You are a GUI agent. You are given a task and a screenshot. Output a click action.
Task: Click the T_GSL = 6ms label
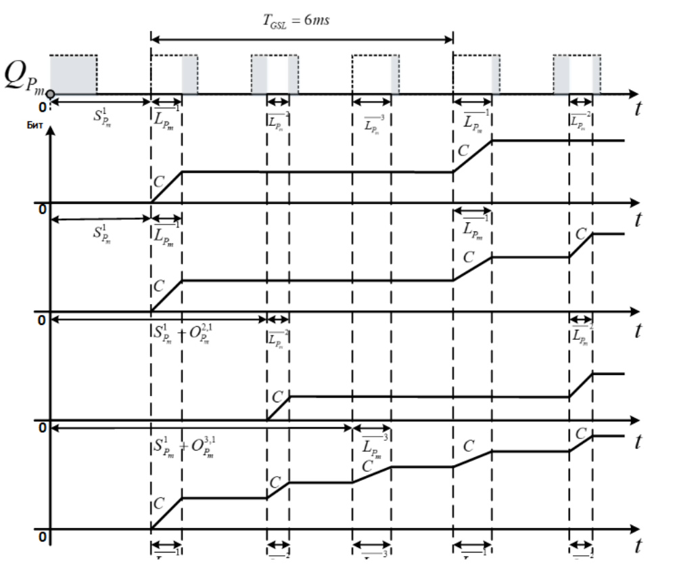297,22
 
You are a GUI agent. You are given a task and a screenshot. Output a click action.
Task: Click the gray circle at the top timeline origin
51,93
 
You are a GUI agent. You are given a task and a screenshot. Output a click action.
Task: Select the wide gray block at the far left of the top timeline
74,74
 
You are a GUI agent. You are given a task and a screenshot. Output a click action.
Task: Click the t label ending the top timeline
637,110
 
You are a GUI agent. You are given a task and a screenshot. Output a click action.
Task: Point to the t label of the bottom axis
637,545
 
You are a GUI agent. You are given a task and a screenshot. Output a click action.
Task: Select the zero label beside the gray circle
42,107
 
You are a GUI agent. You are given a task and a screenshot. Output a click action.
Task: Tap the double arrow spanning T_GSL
302,39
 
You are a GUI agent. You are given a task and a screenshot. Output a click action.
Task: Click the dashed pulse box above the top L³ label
371,74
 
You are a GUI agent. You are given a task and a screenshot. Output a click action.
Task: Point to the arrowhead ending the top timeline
634,93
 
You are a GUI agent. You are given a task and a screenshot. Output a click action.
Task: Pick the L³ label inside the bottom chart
372,446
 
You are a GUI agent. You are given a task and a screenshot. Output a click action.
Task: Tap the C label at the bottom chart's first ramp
158,504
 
